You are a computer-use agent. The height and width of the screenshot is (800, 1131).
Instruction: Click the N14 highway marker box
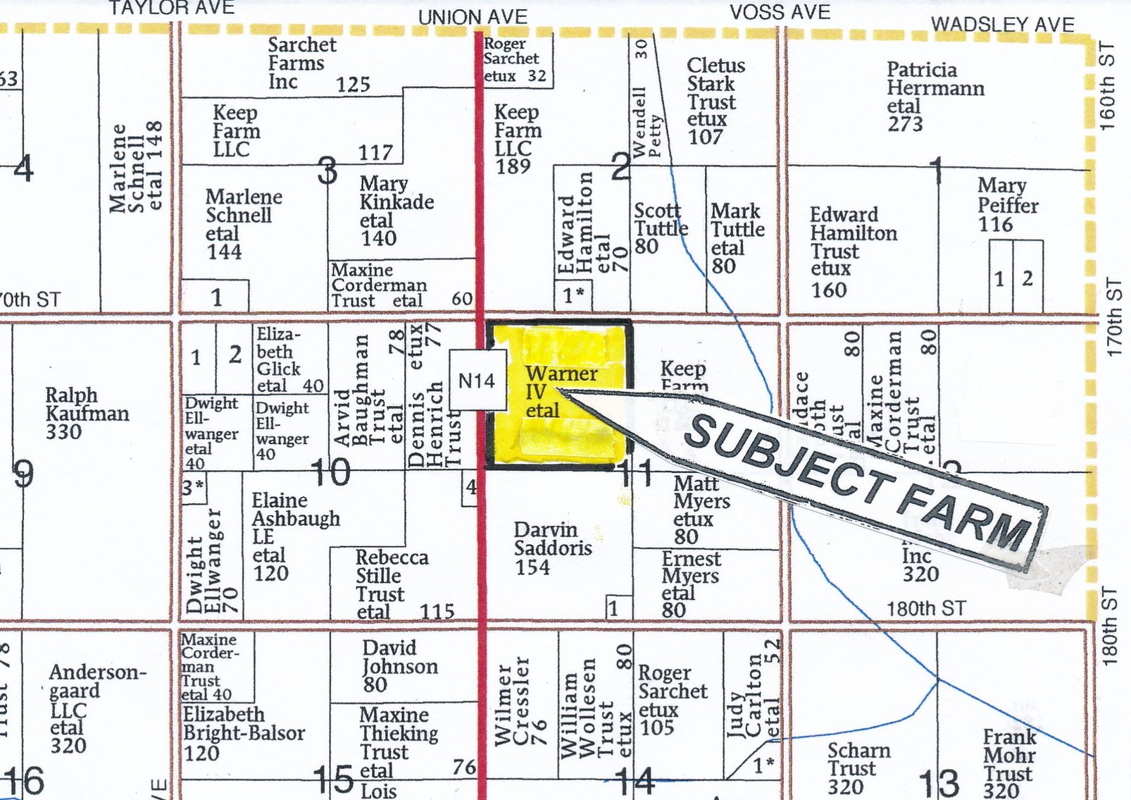coord(477,381)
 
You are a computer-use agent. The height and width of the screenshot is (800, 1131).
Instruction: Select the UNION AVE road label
coord(472,17)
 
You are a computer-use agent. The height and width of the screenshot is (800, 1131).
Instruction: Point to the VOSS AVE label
coord(780,13)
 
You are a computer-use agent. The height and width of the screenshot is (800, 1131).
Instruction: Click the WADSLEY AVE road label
coord(1002,25)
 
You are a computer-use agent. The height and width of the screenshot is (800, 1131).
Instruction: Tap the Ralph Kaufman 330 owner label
coord(87,413)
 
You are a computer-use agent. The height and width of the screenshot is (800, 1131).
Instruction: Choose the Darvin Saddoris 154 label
coord(552,548)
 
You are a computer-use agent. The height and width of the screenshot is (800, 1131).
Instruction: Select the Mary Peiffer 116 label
coord(1007,205)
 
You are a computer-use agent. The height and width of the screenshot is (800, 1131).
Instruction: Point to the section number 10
coord(330,472)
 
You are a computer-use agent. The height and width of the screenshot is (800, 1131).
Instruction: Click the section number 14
coord(635,781)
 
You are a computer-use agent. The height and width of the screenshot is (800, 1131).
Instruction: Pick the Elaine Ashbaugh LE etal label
coord(294,536)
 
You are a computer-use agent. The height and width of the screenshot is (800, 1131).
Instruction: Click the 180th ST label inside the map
coord(925,608)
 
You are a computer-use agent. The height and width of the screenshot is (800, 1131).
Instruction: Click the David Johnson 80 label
coord(399,666)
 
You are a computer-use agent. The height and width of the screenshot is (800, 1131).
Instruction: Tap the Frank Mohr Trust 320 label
coord(1010,764)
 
